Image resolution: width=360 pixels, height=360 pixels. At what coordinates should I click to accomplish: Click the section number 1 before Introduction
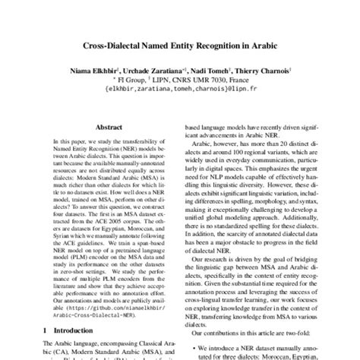[46, 330]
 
